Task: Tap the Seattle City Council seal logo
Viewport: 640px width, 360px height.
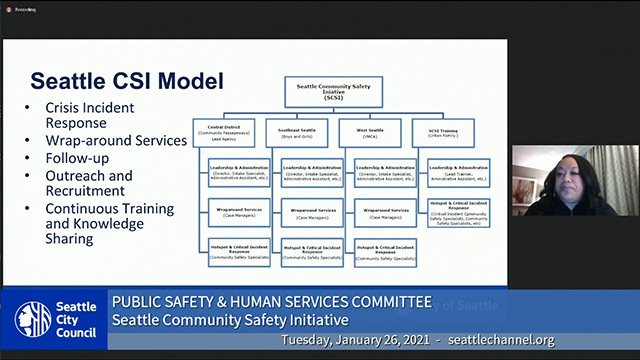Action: pos(27,319)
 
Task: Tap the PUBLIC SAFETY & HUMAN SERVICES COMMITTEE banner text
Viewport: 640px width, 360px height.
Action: pos(271,301)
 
